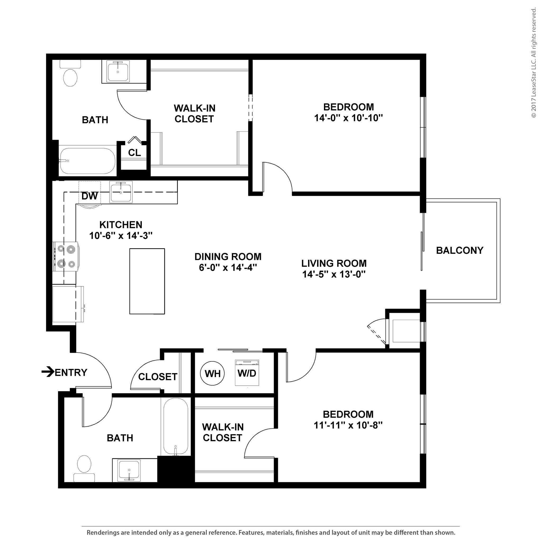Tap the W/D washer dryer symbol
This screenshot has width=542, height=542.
click(247, 373)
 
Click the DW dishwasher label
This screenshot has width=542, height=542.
click(89, 196)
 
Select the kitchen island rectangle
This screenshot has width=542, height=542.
click(147, 281)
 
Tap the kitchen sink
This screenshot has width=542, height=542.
click(121, 192)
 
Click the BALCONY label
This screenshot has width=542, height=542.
click(459, 250)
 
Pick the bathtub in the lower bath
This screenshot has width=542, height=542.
click(176, 426)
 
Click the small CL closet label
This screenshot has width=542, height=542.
click(134, 153)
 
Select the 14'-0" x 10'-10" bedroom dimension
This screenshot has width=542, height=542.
click(349, 118)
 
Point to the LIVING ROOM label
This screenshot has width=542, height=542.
click(334, 263)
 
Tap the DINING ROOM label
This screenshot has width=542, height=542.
click(228, 256)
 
